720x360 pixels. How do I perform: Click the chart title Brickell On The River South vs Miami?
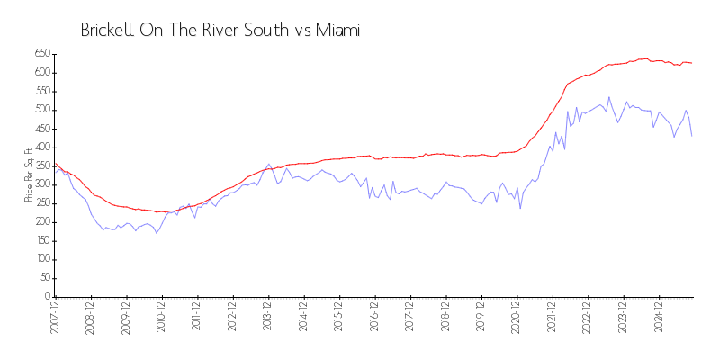[220, 30]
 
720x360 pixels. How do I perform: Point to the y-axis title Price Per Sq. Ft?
[30, 175]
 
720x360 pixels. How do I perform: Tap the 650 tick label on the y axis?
[41, 54]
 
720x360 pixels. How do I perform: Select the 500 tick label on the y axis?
[41, 110]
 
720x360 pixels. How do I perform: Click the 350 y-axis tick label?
[41, 166]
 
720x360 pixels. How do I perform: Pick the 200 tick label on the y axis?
[41, 222]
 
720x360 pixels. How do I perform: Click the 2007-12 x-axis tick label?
[55, 319]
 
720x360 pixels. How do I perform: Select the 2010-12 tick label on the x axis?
[161, 319]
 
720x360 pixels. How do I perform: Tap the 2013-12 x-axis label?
[267, 319]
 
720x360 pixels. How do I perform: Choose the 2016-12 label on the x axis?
[373, 319]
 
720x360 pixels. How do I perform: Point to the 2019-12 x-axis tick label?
[480, 319]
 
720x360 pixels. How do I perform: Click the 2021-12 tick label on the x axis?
[551, 319]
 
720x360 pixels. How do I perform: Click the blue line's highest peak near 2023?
[608, 97]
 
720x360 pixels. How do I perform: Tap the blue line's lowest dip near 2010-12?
[157, 234]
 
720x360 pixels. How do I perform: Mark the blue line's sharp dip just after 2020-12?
[519, 209]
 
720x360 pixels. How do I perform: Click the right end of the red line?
[691, 63]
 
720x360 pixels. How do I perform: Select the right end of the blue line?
[691, 136]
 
